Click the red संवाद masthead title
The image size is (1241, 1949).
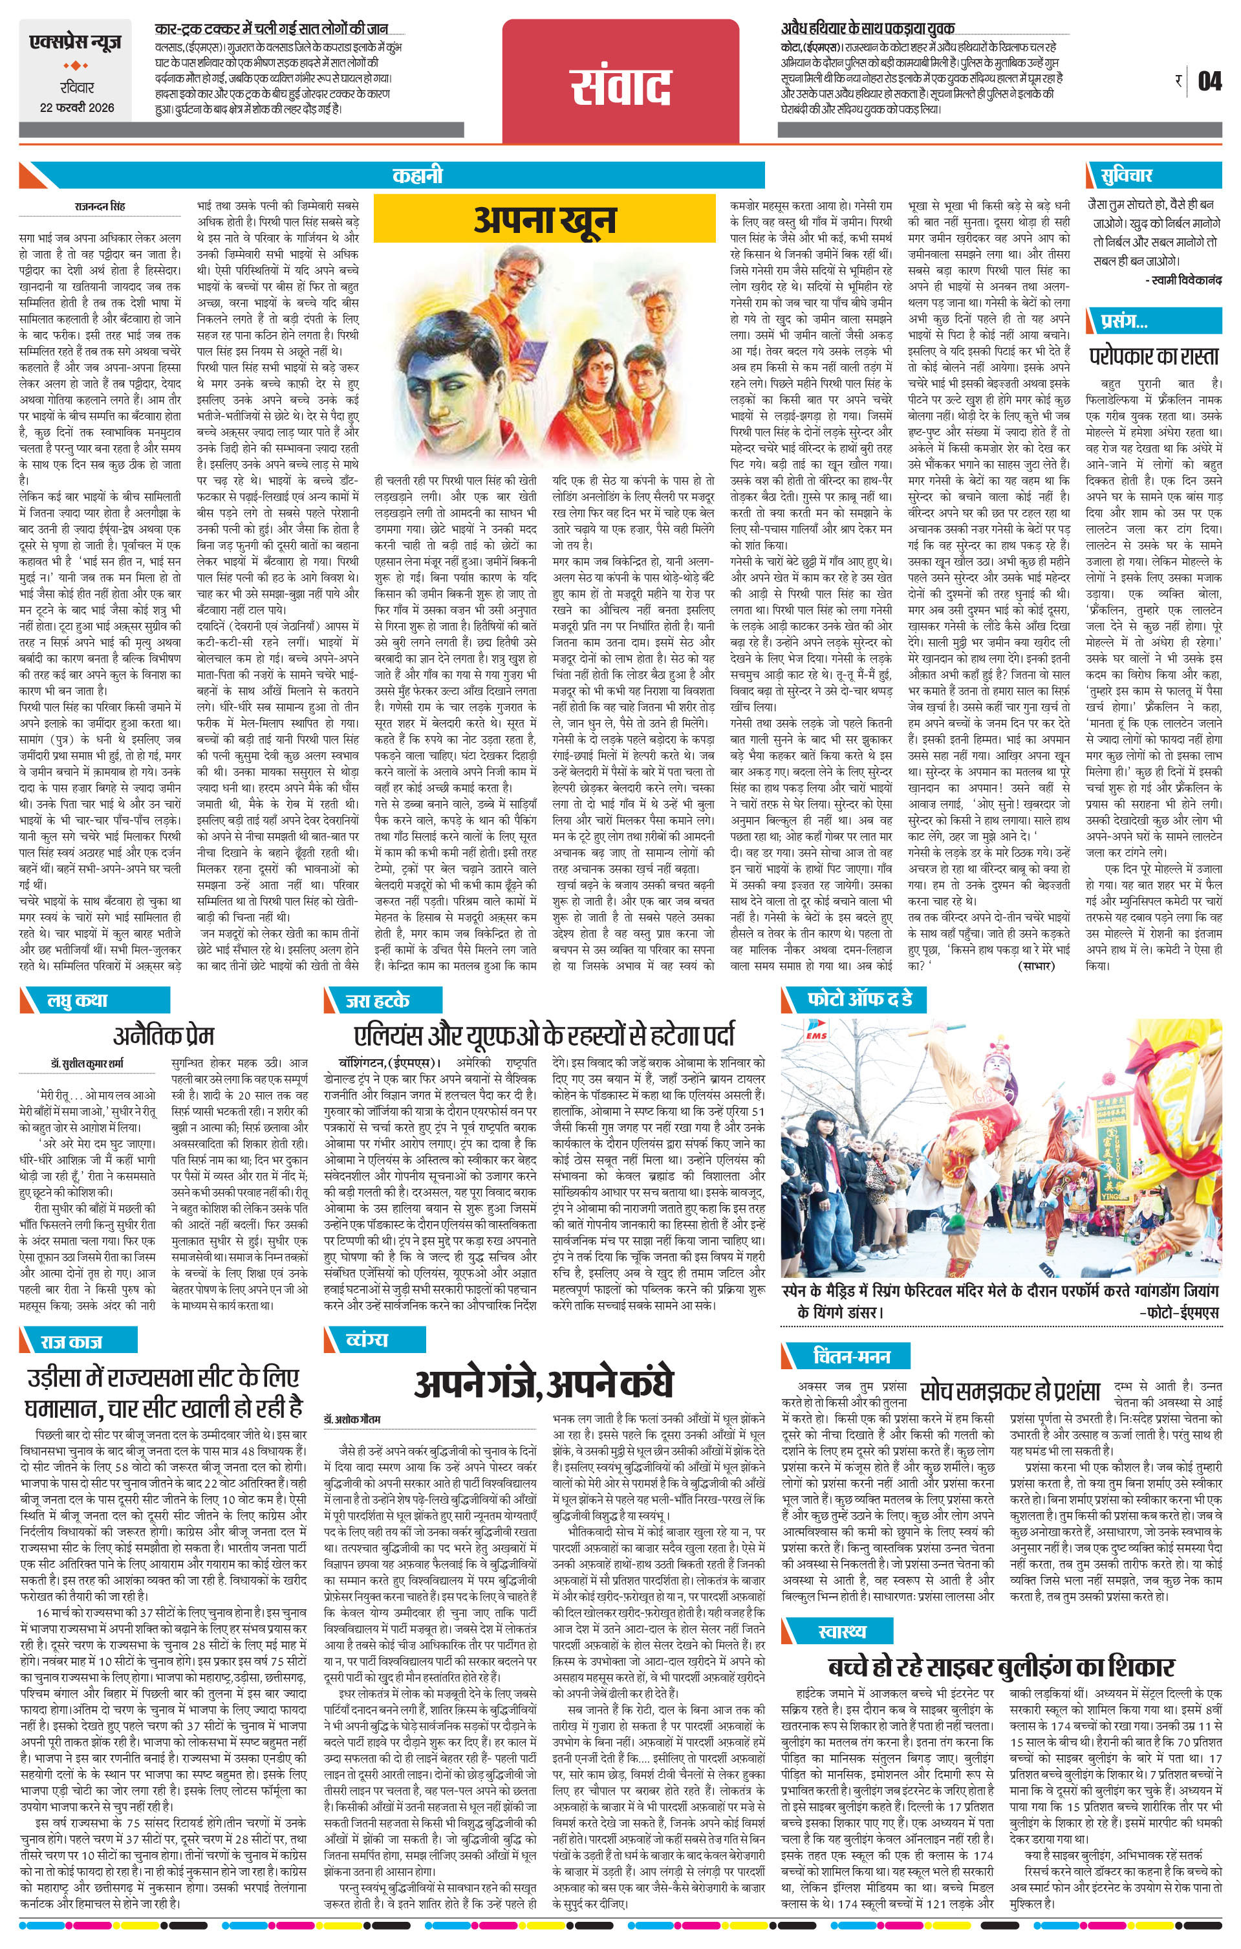[x=621, y=86]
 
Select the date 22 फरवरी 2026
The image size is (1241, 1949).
[x=77, y=107]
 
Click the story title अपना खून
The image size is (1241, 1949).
[x=545, y=219]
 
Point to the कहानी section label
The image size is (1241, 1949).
[x=418, y=175]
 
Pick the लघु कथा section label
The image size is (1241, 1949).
[x=77, y=1001]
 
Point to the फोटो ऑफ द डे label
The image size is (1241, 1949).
[x=859, y=1000]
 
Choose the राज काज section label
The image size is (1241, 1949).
[x=71, y=1342]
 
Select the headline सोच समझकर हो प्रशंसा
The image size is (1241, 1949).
[x=1009, y=1391]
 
